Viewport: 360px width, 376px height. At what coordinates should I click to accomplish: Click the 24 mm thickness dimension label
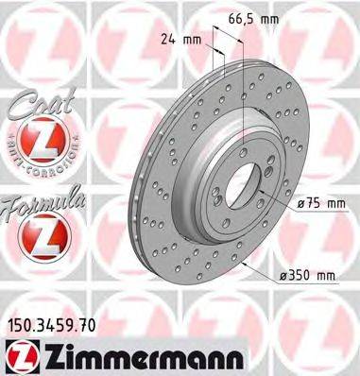(x=179, y=40)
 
